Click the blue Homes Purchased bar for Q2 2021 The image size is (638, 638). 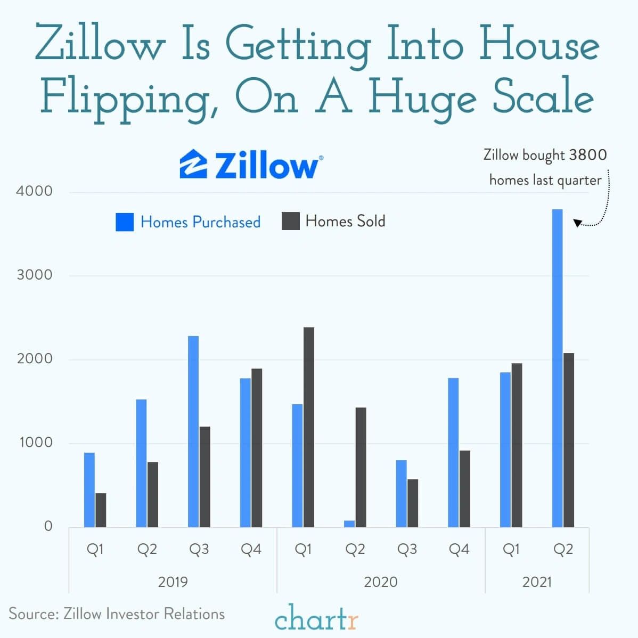pos(557,368)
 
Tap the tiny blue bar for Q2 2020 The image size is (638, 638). pos(349,524)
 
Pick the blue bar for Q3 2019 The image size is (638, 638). pos(193,431)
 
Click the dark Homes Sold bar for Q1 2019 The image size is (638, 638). pos(101,510)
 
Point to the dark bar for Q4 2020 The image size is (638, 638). pos(465,489)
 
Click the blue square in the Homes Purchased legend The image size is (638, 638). pos(125,222)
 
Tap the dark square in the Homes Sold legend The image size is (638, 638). pos(290,221)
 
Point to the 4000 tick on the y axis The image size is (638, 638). pos(35,191)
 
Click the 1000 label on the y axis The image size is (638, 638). pos(35,443)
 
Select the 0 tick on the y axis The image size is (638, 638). pos(48,526)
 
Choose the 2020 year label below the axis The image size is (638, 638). pos(380,582)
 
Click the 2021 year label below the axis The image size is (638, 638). pos(537,582)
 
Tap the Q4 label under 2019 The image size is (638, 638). pos(251,549)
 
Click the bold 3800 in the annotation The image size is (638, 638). pos(587,155)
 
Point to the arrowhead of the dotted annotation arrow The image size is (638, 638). pos(577,223)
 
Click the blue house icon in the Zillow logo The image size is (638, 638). pos(193,164)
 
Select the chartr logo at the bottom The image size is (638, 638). pos(316,618)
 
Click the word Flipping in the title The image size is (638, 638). pos(128,99)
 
